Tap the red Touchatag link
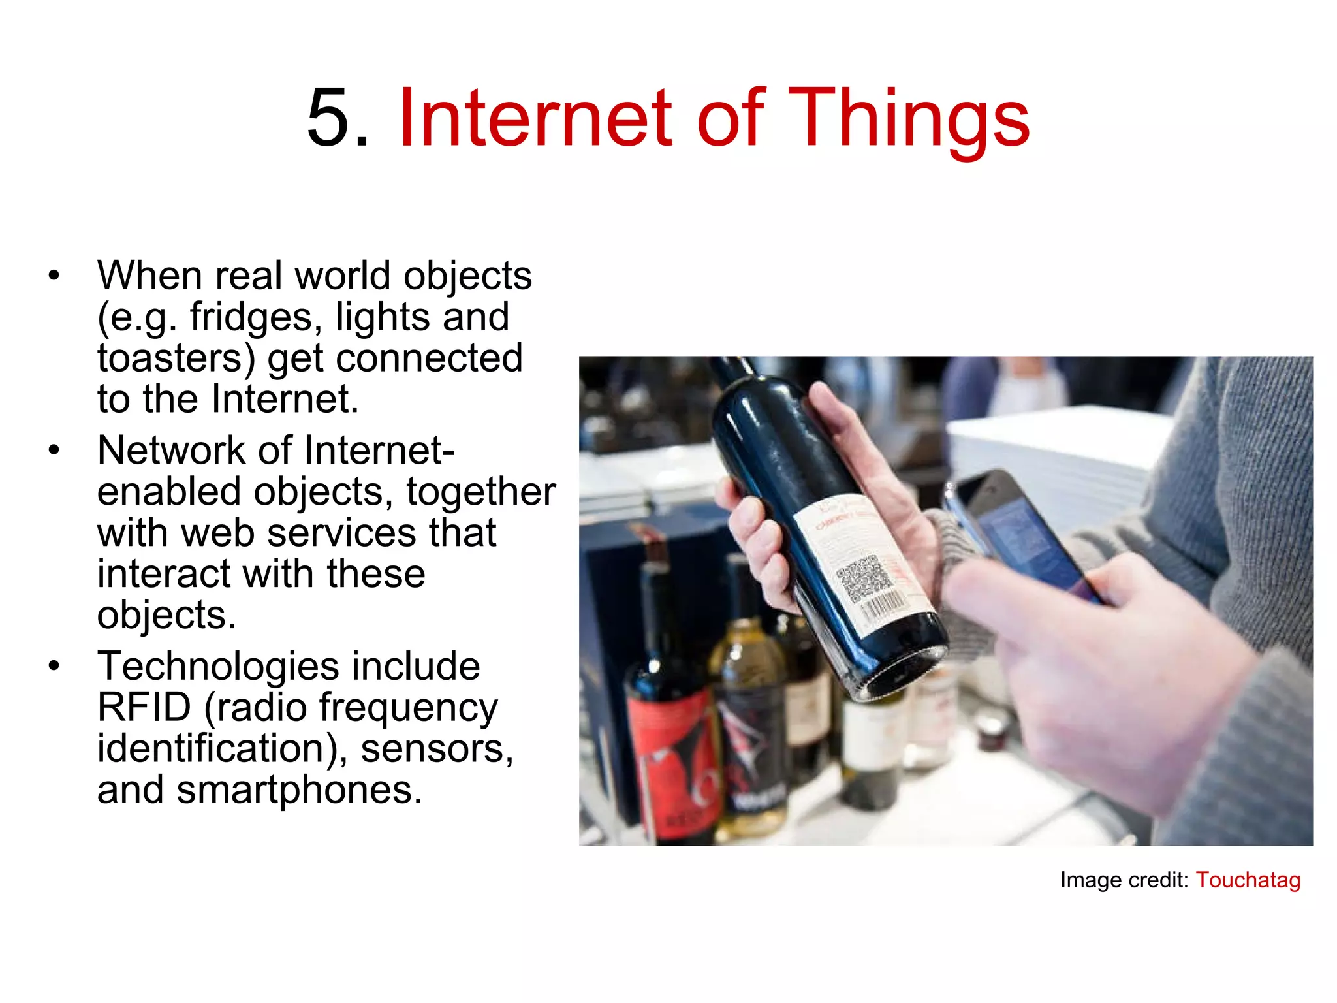coord(1248,880)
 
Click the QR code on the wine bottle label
coord(863,577)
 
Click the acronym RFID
coord(144,707)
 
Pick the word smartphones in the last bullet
coord(299,790)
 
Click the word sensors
coord(437,748)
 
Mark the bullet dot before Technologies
coord(54,666)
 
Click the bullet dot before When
coord(54,276)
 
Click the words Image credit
coord(1124,880)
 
